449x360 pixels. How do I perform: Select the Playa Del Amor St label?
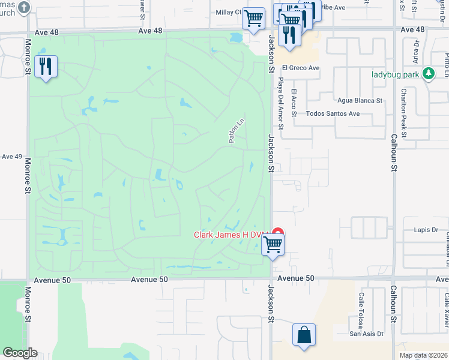pyautogui.click(x=280, y=101)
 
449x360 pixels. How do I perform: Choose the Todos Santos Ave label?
pyautogui.click(x=333, y=113)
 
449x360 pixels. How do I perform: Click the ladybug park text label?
pyautogui.click(x=394, y=74)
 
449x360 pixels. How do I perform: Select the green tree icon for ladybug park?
pyautogui.click(x=428, y=74)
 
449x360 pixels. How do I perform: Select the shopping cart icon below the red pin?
pyautogui.click(x=273, y=244)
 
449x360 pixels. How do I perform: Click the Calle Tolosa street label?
pyautogui.click(x=361, y=307)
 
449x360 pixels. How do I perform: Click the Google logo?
pyautogui.click(x=19, y=353)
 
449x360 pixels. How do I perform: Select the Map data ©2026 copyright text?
pyautogui.click(x=423, y=355)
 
